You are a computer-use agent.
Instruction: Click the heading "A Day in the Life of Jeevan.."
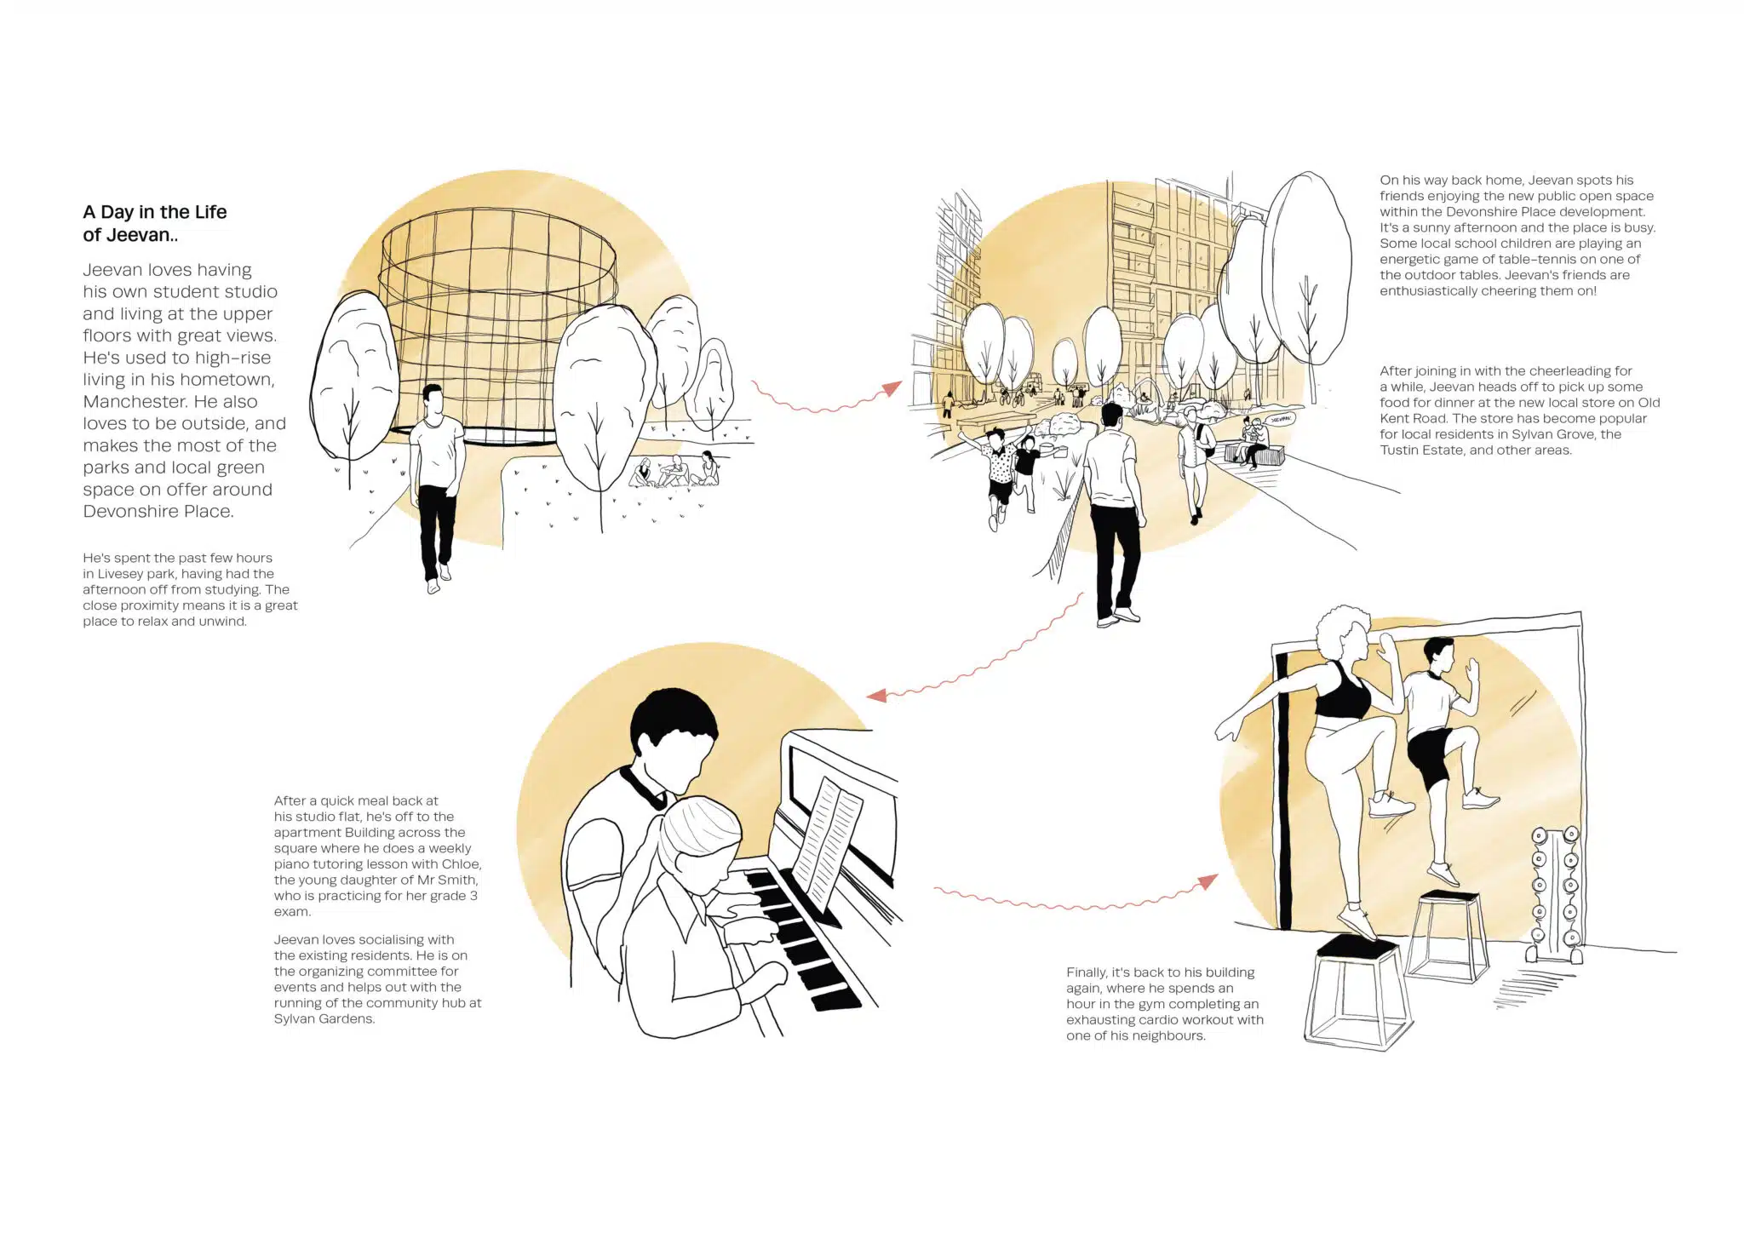pos(154,223)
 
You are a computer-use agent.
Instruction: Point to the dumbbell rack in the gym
pos(1553,894)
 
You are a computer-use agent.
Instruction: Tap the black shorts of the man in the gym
pos(1430,755)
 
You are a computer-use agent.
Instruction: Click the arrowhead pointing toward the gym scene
pos(1208,882)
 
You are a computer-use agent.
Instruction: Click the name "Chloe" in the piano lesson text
pos(461,864)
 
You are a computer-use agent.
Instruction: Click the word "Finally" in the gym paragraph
pos(1087,972)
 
